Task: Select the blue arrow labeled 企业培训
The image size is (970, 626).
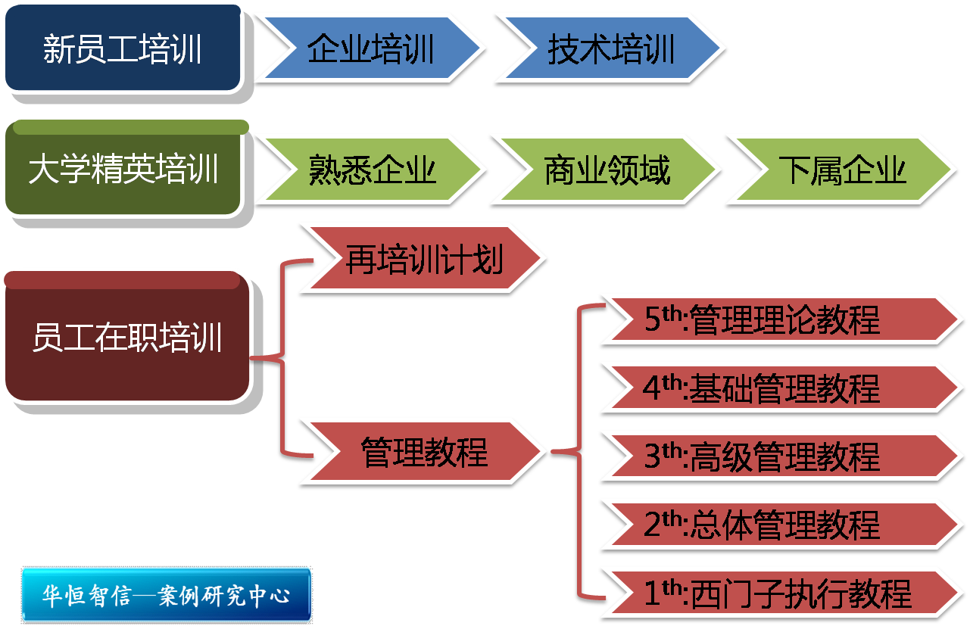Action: coord(370,50)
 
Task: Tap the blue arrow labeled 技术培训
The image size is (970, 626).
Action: coord(610,50)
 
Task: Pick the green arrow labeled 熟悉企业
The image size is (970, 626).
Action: coord(371,170)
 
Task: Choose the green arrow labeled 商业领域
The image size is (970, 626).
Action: coord(606,170)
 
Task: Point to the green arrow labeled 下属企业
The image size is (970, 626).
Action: coord(842,170)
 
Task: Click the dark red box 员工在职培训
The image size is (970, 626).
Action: coord(126,338)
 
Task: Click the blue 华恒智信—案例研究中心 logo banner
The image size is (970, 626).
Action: coord(167,594)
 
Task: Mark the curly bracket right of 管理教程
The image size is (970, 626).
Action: coord(578,453)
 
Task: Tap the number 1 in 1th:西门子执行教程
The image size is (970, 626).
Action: coord(653,593)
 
